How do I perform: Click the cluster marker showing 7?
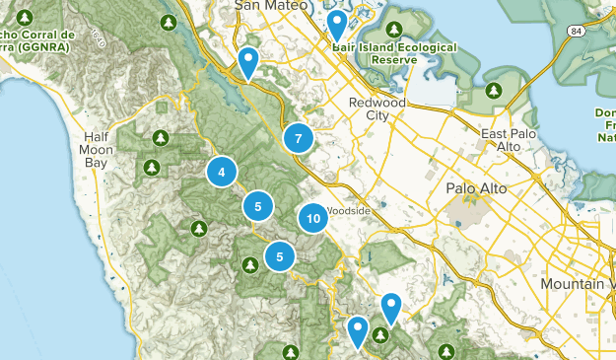click(298, 139)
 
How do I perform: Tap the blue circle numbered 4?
click(222, 172)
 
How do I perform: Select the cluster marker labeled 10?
click(312, 219)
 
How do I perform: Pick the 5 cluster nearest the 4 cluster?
click(257, 206)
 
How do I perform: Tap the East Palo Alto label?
click(501, 139)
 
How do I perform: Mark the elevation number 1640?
click(97, 37)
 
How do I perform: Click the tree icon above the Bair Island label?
click(395, 29)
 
